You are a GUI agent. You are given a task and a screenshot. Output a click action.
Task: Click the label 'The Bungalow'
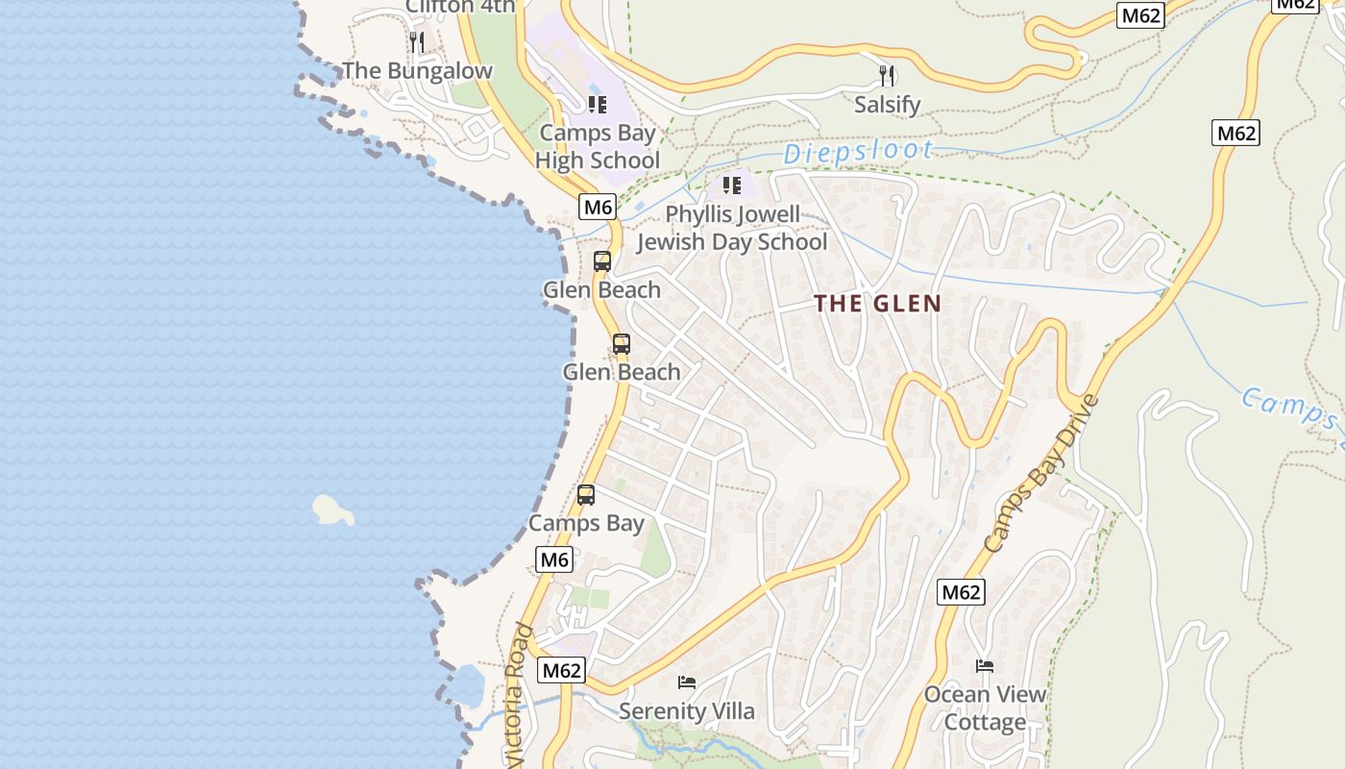point(417,71)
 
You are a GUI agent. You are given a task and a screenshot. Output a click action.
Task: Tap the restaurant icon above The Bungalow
point(417,42)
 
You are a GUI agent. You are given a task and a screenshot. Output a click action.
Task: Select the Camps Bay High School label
point(598,146)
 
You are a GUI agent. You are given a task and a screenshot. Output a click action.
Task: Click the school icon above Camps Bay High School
point(598,104)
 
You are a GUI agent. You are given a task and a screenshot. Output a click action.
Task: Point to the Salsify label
point(888,104)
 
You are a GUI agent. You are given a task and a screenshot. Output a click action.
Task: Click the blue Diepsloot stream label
point(858,152)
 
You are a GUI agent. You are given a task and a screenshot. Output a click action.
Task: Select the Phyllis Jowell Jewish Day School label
point(732,228)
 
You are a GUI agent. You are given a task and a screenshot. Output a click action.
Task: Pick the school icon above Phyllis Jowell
point(732,185)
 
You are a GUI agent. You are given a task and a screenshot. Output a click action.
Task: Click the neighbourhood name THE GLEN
point(877,304)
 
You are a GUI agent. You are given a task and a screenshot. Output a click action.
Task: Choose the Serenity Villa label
point(687,711)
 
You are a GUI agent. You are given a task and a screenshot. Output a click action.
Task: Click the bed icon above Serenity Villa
point(687,682)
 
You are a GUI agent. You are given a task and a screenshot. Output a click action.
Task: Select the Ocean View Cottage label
point(986,708)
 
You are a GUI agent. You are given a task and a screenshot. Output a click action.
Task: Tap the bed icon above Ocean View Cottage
point(985,665)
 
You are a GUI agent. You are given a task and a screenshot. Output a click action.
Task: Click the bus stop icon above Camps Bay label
point(585,495)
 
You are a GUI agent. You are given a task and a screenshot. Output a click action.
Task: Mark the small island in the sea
point(332,509)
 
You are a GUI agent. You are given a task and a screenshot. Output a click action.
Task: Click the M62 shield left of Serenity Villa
point(561,670)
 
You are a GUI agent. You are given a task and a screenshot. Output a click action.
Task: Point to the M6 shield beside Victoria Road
point(554,559)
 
